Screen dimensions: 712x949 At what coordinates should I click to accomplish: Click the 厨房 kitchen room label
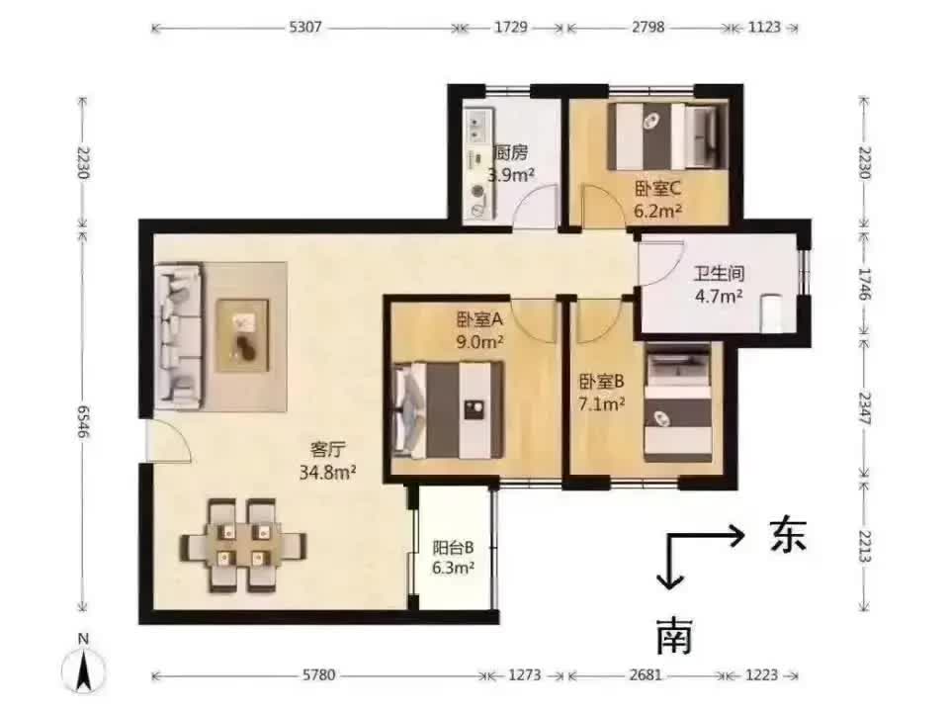(x=511, y=152)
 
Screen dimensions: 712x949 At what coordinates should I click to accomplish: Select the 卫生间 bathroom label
(x=719, y=272)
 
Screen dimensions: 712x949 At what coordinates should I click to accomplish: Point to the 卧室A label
(x=480, y=319)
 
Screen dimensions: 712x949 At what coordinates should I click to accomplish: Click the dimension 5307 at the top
(x=303, y=28)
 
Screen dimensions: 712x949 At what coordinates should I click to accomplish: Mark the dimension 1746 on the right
(x=865, y=284)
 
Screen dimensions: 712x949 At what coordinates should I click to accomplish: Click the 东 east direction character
(x=786, y=535)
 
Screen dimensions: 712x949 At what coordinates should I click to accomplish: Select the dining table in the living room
(x=242, y=545)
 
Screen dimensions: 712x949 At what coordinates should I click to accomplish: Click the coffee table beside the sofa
(x=243, y=334)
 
